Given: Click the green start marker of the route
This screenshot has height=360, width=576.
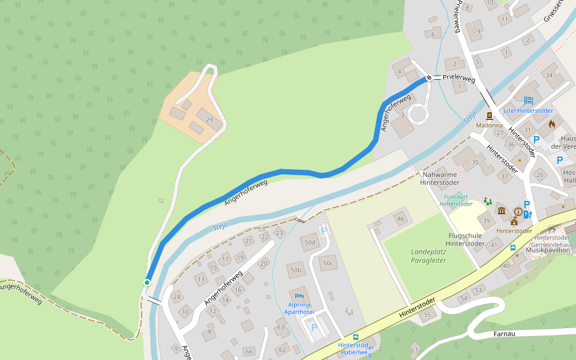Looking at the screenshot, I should [x=147, y=282].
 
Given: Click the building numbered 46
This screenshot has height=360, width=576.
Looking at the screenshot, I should [x=400, y=219].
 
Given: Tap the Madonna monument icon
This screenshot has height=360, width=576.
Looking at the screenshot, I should [x=490, y=116].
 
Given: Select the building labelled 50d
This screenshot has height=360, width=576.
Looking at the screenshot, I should [x=310, y=242].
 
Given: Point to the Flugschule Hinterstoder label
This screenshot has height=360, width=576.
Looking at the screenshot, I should [x=465, y=239].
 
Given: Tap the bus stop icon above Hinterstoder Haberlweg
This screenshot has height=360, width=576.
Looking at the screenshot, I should [x=356, y=337].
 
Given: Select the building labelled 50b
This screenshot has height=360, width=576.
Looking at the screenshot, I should [x=295, y=271].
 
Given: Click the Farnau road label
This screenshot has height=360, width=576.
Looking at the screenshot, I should [x=505, y=333].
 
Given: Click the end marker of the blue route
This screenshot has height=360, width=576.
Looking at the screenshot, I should [x=429, y=78].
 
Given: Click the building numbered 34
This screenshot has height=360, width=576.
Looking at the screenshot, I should [x=549, y=75].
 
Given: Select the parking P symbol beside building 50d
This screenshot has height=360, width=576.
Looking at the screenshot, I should [x=325, y=230].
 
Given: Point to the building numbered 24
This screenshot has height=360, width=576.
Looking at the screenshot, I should [x=176, y=296].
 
